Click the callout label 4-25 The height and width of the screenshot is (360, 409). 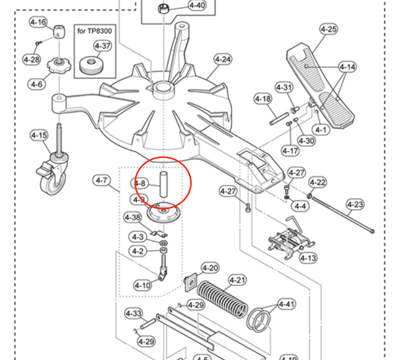pos(328,29)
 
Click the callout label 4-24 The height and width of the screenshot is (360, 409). pos(223,60)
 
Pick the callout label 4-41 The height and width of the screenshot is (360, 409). pos(287,304)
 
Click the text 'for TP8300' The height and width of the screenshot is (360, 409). pos(95,31)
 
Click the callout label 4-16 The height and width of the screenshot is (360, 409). pos(38,22)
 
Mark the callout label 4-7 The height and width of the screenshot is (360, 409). pos(101,180)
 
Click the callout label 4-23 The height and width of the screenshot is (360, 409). pos(355,204)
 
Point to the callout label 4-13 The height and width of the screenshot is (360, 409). pos(308,257)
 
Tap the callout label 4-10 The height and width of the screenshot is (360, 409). pos(143,286)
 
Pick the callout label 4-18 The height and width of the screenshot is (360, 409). pos(263,99)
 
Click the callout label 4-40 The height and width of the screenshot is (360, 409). pos(197,5)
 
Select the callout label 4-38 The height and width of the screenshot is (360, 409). pos(132,218)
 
